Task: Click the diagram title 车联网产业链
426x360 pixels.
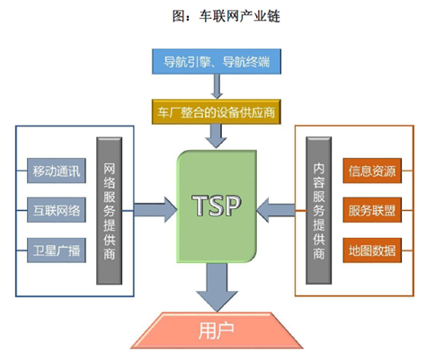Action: point(240,16)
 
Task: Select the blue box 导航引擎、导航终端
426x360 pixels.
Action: point(217,62)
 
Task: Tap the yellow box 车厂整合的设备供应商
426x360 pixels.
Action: point(216,112)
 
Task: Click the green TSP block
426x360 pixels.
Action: point(217,206)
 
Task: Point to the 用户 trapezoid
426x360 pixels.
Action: point(217,330)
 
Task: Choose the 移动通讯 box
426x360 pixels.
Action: point(57,171)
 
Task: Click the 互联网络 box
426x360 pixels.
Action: point(57,210)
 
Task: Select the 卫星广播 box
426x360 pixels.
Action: point(57,250)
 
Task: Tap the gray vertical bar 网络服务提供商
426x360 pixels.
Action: point(109,211)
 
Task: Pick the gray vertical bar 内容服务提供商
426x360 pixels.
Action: point(318,211)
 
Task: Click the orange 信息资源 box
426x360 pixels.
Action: point(372,171)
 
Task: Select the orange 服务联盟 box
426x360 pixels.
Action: point(372,210)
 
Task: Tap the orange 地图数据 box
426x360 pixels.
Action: point(372,250)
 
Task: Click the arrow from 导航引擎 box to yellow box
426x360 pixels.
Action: point(217,86)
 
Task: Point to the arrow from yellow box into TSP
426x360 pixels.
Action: point(216,136)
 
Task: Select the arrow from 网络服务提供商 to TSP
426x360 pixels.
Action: point(155,209)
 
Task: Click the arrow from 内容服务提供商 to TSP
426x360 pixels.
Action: point(276,209)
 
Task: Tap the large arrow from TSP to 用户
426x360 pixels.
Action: point(217,288)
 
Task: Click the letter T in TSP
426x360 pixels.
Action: point(200,206)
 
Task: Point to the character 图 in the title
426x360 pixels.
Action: point(179,16)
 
